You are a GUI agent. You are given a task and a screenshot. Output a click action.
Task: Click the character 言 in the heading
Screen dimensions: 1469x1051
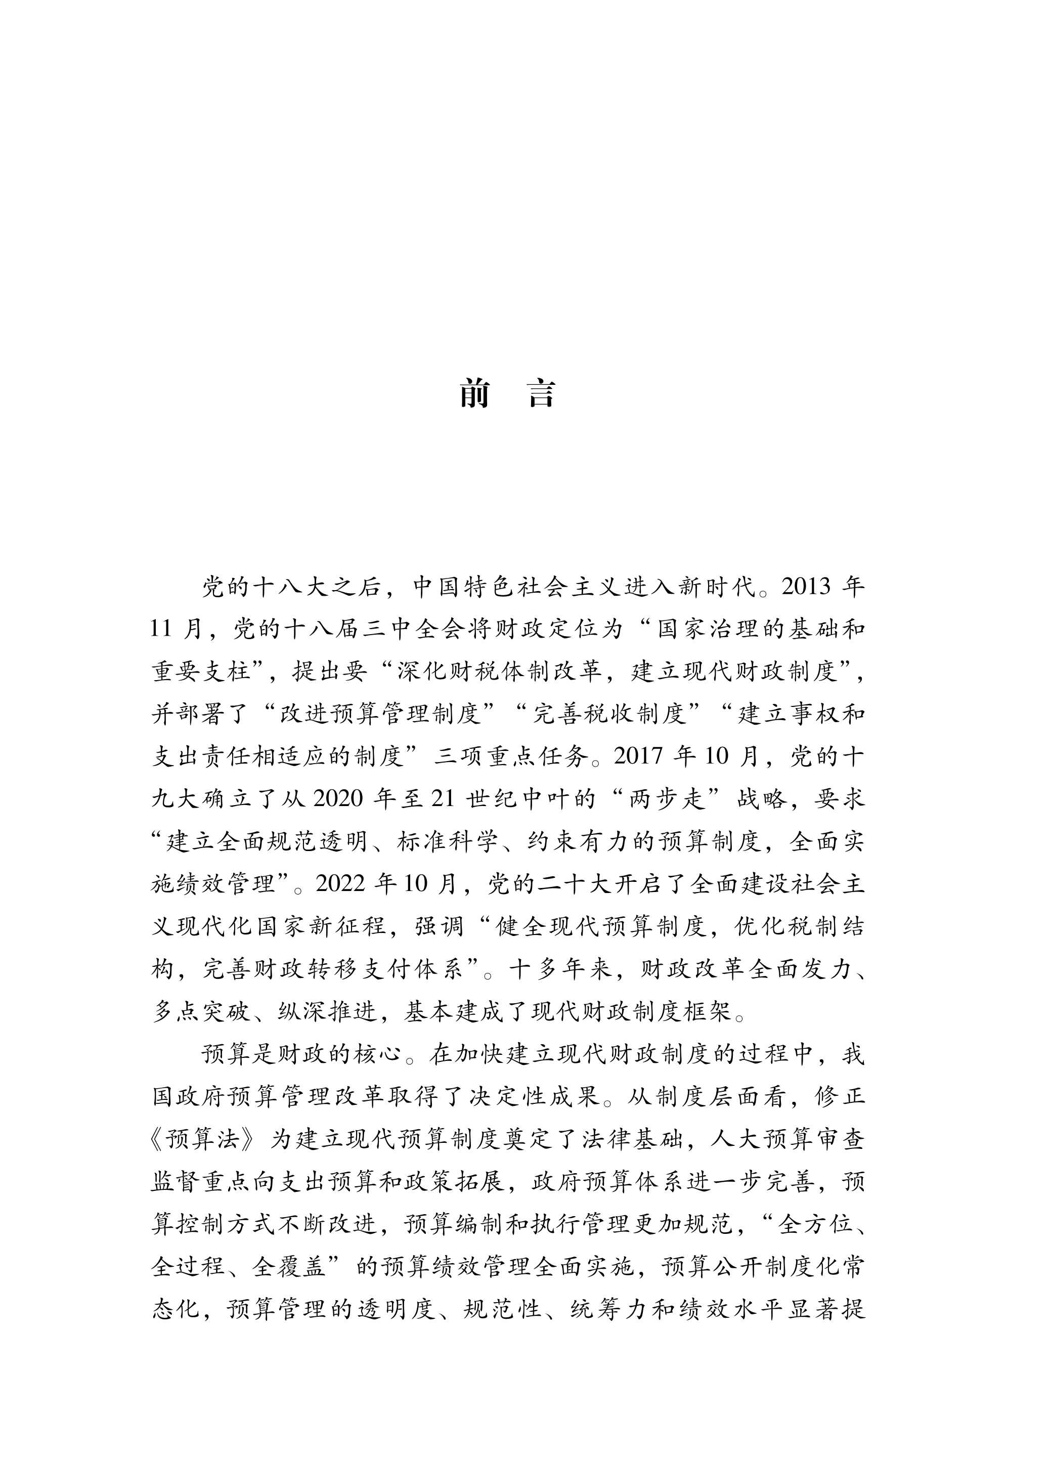[x=542, y=394]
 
